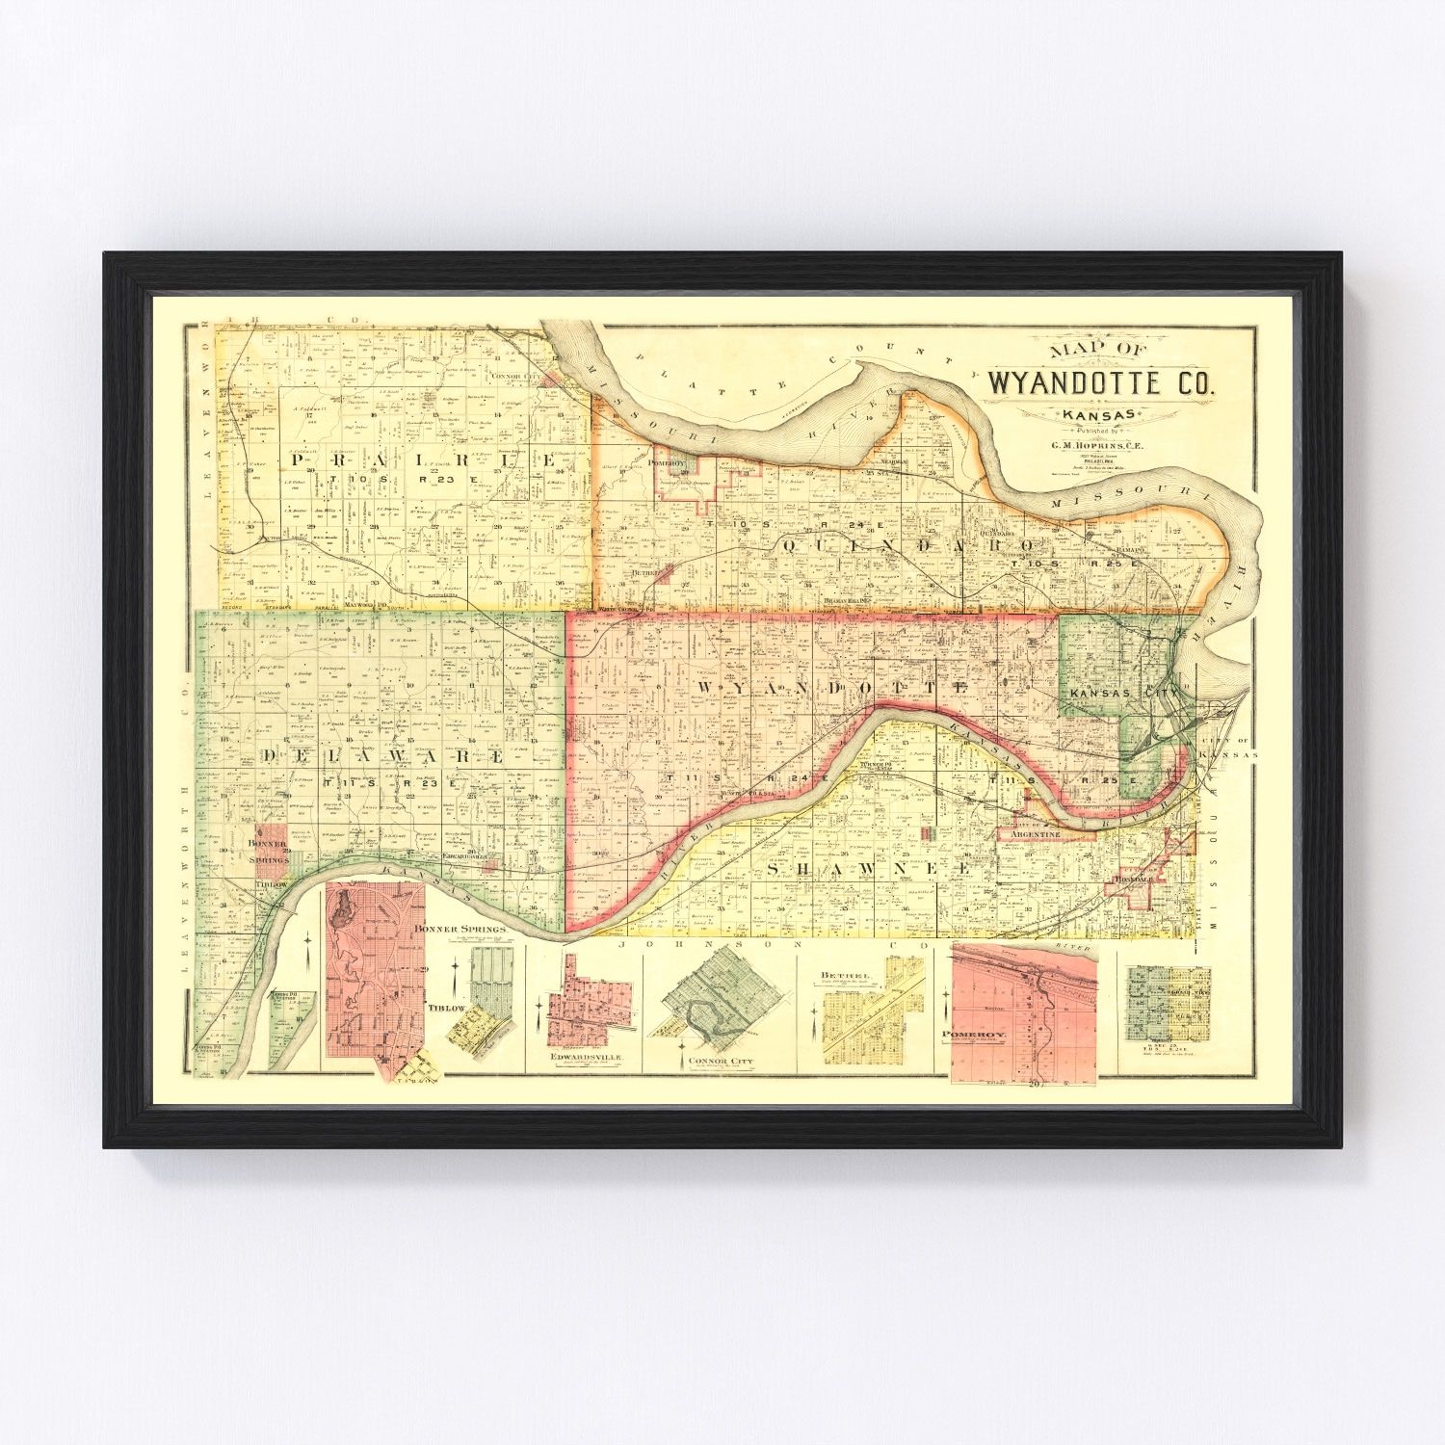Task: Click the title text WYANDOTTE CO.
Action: click(1100, 382)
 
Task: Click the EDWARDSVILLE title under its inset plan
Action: click(589, 1057)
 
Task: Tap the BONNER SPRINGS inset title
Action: click(459, 929)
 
